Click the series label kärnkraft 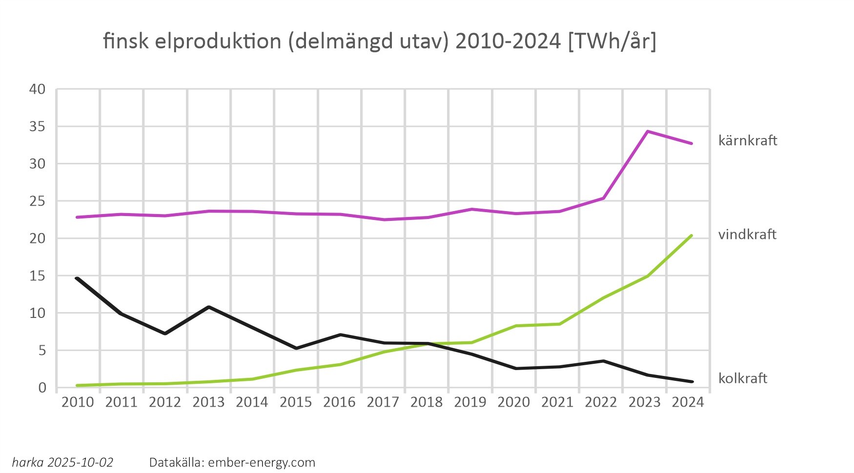tap(747, 141)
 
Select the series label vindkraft tap(747, 235)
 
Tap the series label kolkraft tap(742, 378)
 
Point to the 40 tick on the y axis tap(38, 89)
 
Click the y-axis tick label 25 tap(38, 201)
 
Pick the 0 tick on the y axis tap(42, 388)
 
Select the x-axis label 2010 tap(78, 402)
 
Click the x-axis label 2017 tap(383, 402)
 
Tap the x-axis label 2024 tap(688, 402)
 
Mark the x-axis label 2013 tap(208, 402)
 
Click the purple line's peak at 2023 tap(647, 131)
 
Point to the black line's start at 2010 tap(77, 278)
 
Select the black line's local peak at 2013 tap(208, 307)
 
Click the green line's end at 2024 tap(691, 236)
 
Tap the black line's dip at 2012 tap(165, 334)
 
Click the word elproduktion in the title tap(218, 42)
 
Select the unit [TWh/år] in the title tap(612, 42)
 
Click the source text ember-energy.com tap(262, 462)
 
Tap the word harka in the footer tap(28, 462)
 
